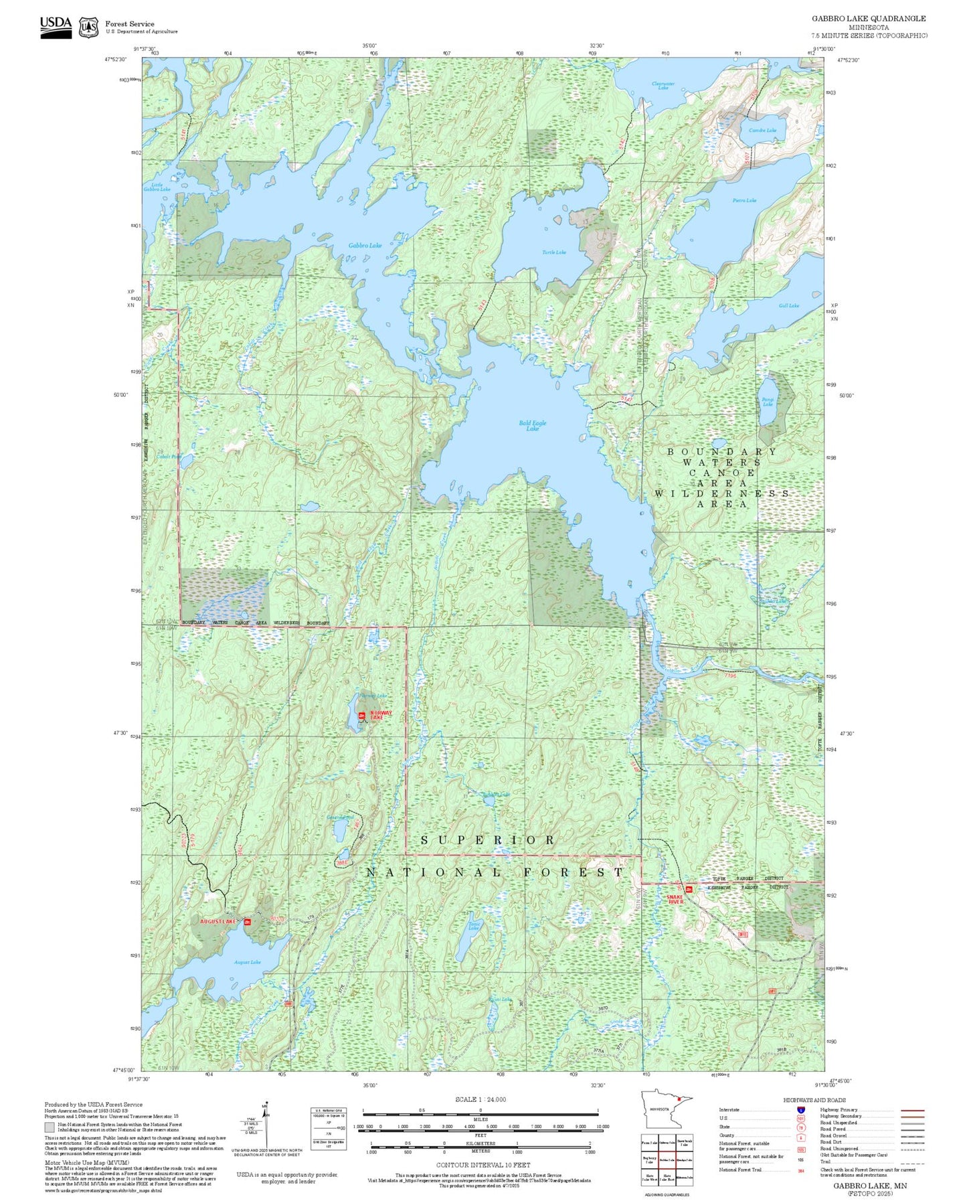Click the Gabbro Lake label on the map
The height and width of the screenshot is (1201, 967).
[365, 246]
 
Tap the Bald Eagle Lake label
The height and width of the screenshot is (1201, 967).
[533, 426]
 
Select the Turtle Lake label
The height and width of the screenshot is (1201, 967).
[554, 252]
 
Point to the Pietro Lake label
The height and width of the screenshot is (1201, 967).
[744, 201]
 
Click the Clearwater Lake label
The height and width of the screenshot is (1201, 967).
[663, 86]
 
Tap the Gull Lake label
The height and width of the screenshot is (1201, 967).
[789, 306]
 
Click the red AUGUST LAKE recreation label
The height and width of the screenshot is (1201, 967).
[218, 922]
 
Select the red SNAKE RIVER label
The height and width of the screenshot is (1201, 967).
[675, 899]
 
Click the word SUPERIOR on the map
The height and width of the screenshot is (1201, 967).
[489, 840]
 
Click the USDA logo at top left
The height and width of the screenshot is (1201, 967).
[56, 27]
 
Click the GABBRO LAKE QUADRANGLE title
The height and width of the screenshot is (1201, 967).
[869, 19]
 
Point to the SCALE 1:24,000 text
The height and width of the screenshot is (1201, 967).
[480, 1099]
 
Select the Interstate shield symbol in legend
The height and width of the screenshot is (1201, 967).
[800, 1109]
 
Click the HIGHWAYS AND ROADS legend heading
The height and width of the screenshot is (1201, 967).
[814, 1100]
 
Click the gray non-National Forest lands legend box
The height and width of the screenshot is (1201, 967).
[50, 1127]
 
